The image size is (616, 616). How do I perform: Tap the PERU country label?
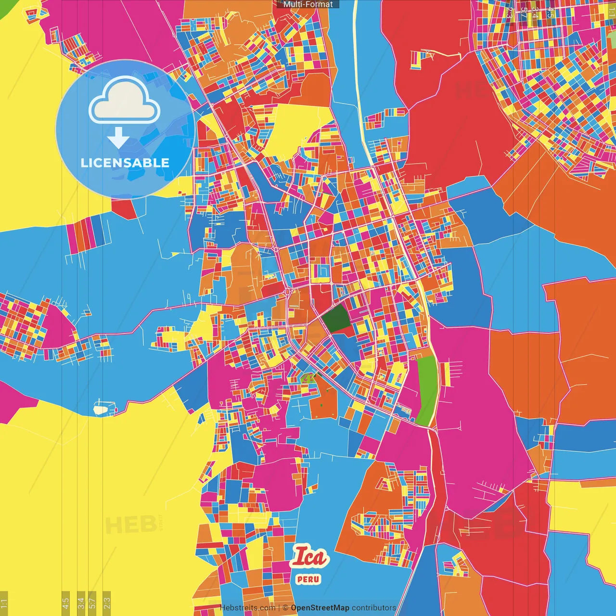[x=308, y=579]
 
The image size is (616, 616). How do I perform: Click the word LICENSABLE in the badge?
[x=125, y=163]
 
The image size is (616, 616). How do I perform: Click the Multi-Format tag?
[x=308, y=4]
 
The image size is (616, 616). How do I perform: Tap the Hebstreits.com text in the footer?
[x=247, y=608]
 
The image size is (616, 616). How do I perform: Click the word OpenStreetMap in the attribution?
[x=320, y=608]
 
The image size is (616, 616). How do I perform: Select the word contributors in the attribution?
[x=374, y=608]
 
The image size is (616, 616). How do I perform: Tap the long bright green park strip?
[x=426, y=390]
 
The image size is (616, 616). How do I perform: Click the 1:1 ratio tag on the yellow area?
[x=4, y=603]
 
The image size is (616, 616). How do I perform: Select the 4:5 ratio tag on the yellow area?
[x=66, y=603]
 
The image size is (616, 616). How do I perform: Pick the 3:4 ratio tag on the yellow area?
[x=81, y=603]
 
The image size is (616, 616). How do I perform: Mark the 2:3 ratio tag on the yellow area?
[x=107, y=603]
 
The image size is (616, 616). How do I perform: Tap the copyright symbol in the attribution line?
[x=285, y=608]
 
